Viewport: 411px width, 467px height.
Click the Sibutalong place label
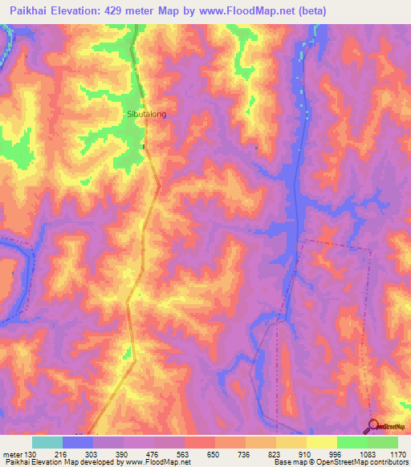click(x=146, y=115)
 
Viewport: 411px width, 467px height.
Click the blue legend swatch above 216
click(x=78, y=442)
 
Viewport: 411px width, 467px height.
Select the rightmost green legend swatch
click(x=383, y=442)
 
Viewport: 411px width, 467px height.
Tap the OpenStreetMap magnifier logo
click(x=373, y=427)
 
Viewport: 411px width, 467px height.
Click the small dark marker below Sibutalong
click(x=144, y=147)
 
